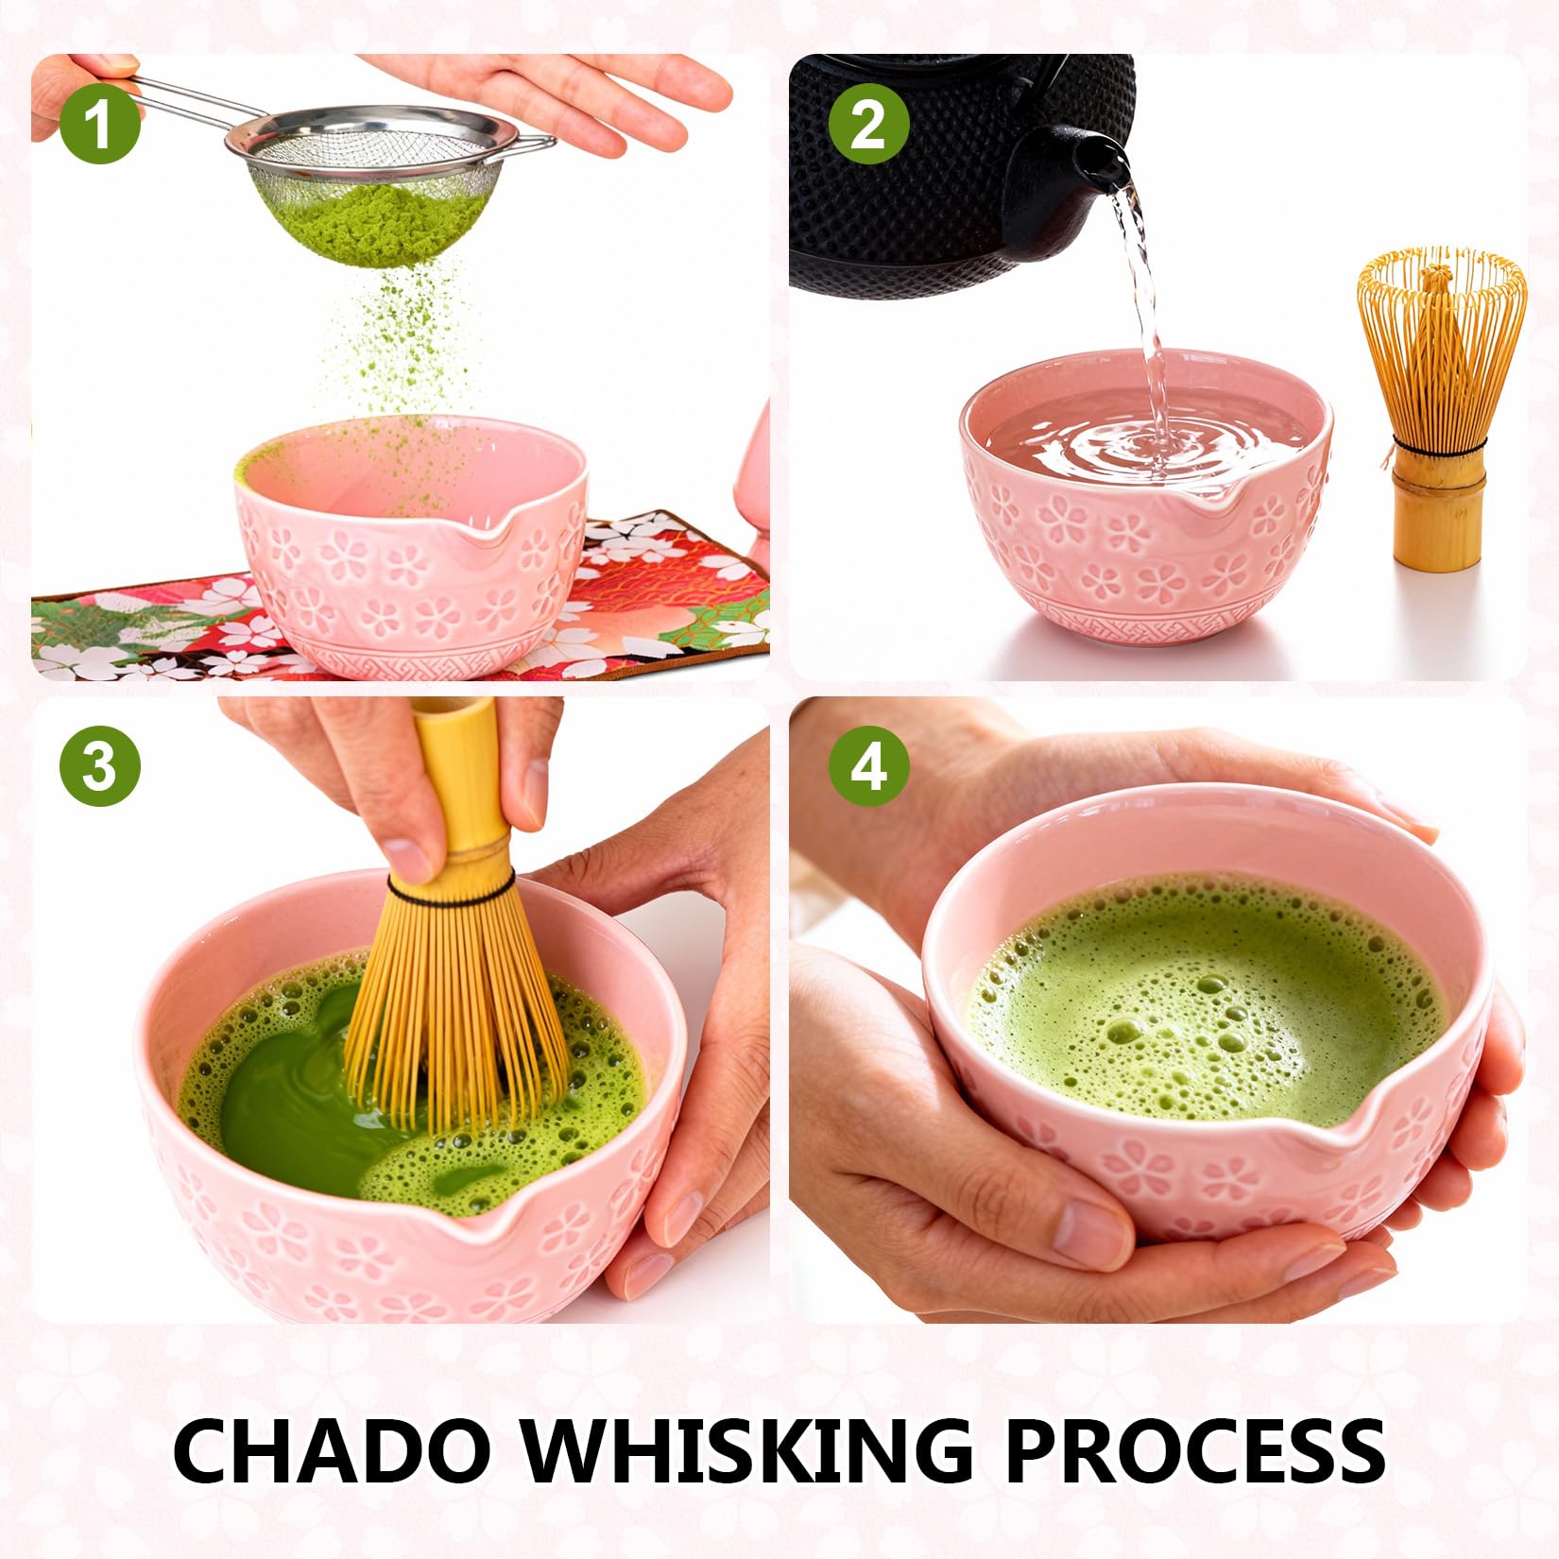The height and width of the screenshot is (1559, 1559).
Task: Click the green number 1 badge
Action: pyautogui.click(x=99, y=125)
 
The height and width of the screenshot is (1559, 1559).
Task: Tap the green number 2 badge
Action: pyautogui.click(x=868, y=125)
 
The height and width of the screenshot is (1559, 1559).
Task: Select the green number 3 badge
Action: pyautogui.click(x=99, y=765)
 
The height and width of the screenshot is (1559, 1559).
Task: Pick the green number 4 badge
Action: pyautogui.click(x=868, y=765)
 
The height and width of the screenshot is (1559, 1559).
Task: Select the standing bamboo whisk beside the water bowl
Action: pyautogui.click(x=1441, y=406)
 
